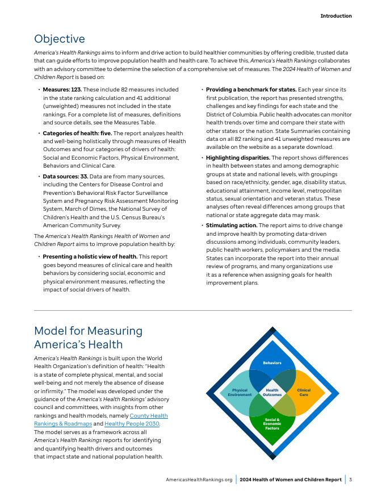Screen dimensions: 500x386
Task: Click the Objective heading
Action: (60, 39)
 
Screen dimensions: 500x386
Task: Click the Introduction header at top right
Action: (335, 16)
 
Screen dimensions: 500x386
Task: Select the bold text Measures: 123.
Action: (62, 90)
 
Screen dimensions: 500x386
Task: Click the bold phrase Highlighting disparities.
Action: (238, 157)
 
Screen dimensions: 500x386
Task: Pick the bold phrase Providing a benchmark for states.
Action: (251, 90)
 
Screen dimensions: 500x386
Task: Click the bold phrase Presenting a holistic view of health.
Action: (90, 257)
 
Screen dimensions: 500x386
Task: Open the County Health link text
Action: (149, 416)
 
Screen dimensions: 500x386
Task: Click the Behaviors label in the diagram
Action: (272, 363)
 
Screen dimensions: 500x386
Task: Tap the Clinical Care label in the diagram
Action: (304, 393)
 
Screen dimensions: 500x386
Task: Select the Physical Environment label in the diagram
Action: (240, 393)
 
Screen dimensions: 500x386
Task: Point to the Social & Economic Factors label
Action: (272, 424)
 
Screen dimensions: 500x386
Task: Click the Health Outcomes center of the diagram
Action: (272, 393)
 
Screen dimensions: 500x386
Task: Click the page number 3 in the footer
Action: (351, 480)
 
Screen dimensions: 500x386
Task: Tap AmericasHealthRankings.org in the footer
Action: (199, 480)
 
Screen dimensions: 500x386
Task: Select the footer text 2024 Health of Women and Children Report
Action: (290, 480)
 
